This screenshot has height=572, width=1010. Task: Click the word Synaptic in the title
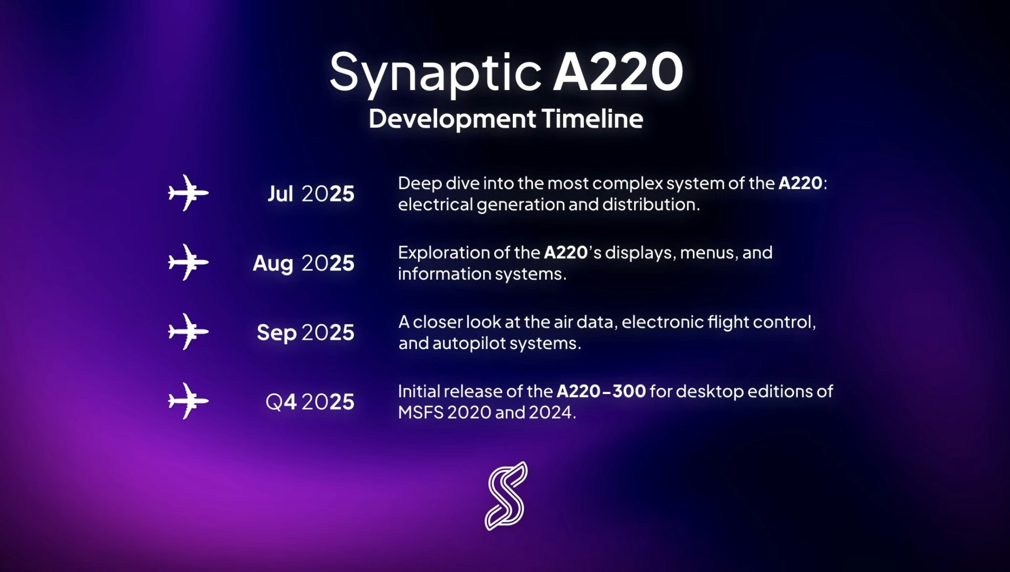[436, 74]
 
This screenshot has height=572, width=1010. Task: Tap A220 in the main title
[618, 72]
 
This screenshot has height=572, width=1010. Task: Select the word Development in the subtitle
[452, 119]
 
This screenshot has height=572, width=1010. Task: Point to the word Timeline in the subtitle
[593, 118]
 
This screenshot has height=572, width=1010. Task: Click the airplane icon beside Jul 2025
[188, 193]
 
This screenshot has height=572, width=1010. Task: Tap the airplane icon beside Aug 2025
[188, 262]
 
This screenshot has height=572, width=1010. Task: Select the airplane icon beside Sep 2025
[188, 331]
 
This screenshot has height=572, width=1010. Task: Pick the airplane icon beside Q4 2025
[188, 401]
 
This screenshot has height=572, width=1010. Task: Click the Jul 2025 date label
[311, 194]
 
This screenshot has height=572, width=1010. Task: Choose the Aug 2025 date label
[304, 264]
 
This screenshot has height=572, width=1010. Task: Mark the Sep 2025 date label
[306, 333]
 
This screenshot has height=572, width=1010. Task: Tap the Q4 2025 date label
[310, 402]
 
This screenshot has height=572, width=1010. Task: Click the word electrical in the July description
[435, 204]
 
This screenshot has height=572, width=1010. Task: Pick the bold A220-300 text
[601, 391]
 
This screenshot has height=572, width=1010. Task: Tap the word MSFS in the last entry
[420, 412]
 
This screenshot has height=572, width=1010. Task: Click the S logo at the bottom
[506, 496]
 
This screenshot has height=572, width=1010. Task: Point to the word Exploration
[443, 253]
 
